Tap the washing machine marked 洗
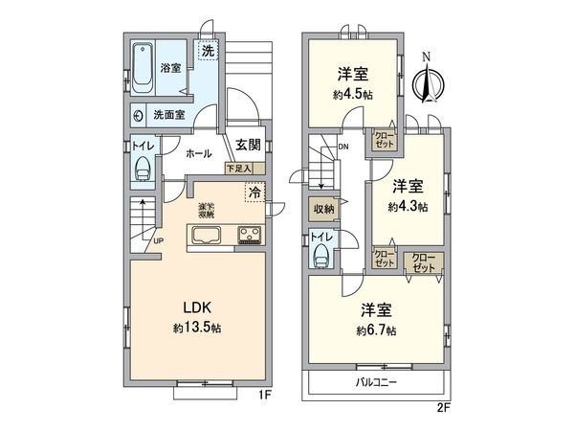click(x=207, y=51)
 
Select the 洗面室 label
click(x=169, y=115)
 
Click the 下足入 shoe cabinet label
click(x=239, y=169)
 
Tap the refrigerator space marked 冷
click(x=254, y=193)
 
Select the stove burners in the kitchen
click(x=251, y=236)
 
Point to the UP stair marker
click(x=158, y=240)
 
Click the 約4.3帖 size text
click(x=408, y=206)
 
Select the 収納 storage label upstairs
click(x=322, y=209)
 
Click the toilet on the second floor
click(x=322, y=255)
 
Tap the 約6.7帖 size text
click(x=375, y=331)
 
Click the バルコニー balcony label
click(x=376, y=382)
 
